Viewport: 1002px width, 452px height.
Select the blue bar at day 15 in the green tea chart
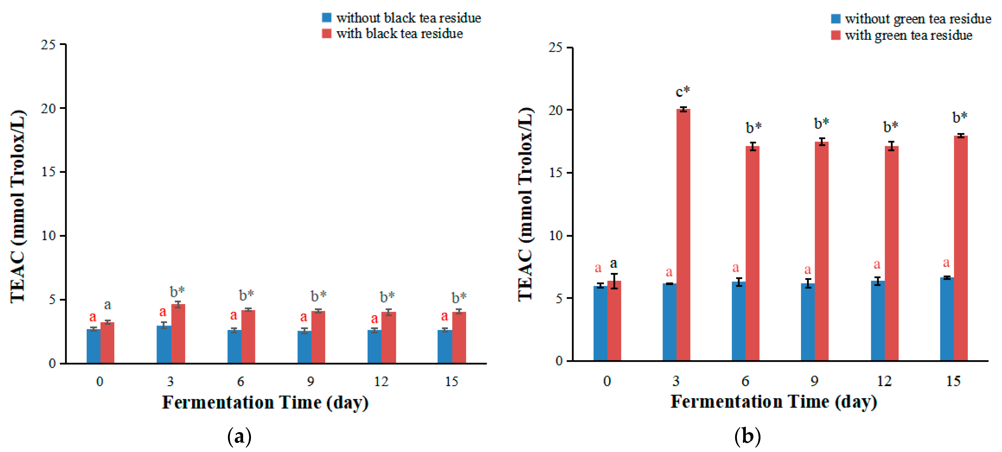[x=947, y=319]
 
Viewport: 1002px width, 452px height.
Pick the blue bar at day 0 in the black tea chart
[x=93, y=346]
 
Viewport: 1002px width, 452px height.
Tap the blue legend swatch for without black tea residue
[x=326, y=18]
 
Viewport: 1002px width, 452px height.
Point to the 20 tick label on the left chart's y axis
[x=49, y=108]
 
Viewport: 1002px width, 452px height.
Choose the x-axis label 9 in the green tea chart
[x=814, y=381]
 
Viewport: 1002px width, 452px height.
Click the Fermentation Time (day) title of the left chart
[x=265, y=402]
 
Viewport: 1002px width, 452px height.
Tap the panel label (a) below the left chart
[x=239, y=437]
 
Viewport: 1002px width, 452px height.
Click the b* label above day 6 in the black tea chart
[x=246, y=295]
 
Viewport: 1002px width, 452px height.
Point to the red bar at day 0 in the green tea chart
[x=614, y=321]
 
